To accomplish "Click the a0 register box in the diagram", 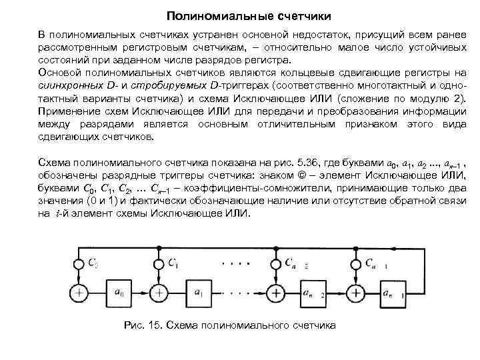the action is point(119,291).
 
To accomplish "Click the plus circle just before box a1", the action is point(159,291).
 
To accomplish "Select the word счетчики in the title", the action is point(287,14).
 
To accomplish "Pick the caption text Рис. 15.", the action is point(143,325).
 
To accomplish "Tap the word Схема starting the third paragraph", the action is point(53,164).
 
